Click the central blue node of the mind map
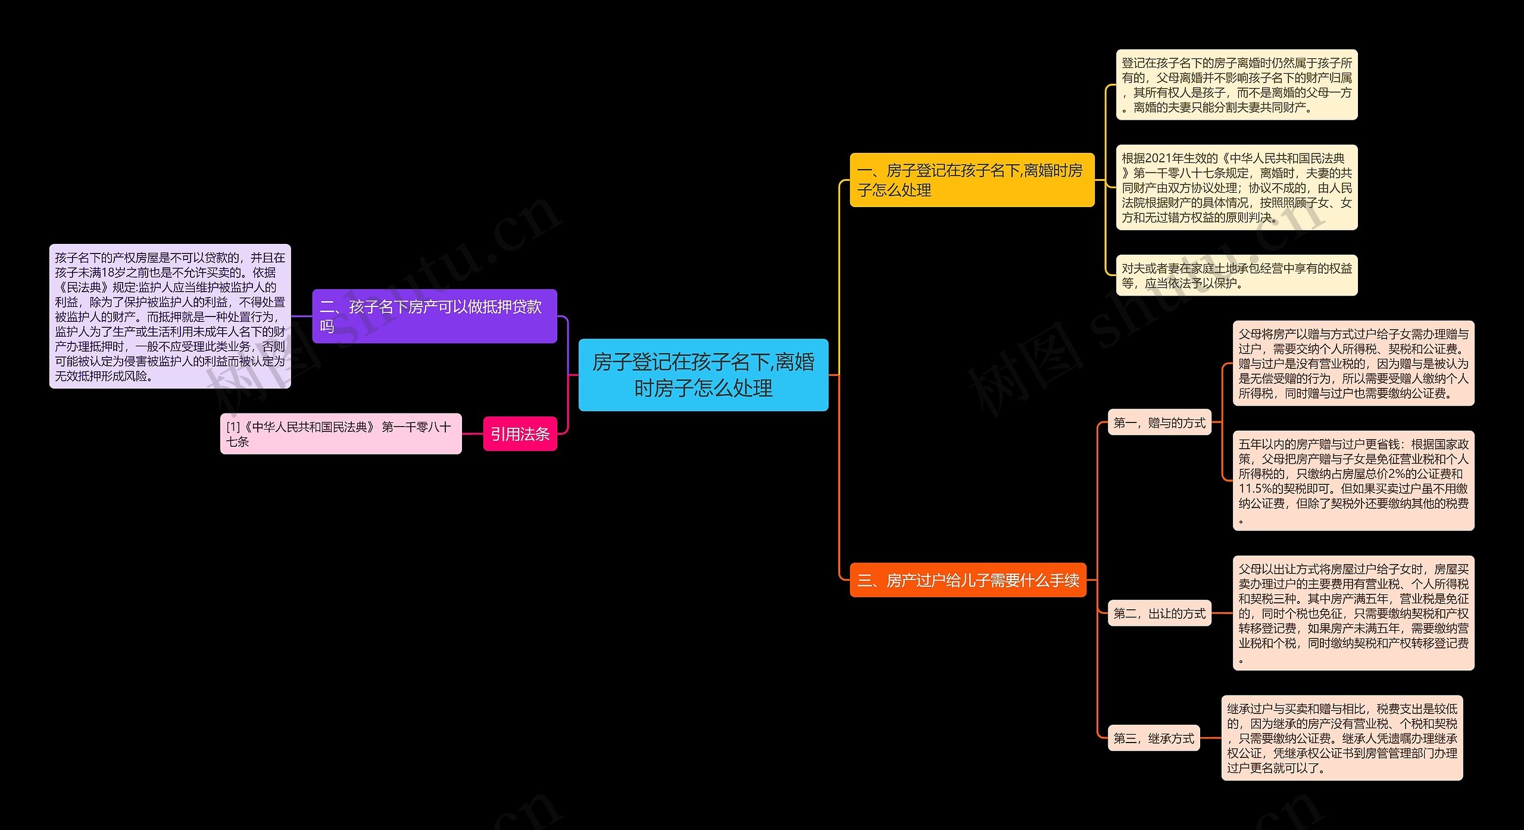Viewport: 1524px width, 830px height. (x=703, y=375)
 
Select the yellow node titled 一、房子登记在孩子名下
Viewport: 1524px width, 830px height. (x=972, y=180)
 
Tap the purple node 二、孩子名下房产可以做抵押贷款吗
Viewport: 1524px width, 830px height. (x=435, y=316)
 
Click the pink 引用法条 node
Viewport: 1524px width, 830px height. (x=520, y=434)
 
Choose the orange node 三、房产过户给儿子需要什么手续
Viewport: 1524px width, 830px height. (x=968, y=580)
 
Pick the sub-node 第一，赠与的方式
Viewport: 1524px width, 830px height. (x=1159, y=423)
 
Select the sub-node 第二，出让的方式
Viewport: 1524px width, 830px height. (x=1159, y=613)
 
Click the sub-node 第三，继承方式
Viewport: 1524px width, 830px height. (x=1153, y=738)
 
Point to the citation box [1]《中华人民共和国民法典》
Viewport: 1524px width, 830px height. (x=341, y=434)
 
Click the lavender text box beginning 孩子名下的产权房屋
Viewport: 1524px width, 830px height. (x=170, y=317)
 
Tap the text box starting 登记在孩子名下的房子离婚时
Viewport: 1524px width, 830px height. (x=1236, y=85)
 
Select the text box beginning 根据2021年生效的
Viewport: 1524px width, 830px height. (x=1236, y=187)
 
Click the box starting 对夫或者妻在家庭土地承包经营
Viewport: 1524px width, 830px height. (x=1236, y=275)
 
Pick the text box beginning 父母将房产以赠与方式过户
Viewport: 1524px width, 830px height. (x=1353, y=364)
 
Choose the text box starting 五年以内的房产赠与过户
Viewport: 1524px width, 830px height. (x=1353, y=481)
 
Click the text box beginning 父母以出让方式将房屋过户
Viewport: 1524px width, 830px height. (x=1353, y=613)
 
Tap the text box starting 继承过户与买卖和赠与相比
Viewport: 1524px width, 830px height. (x=1342, y=738)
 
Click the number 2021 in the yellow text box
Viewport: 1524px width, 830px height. (x=1158, y=158)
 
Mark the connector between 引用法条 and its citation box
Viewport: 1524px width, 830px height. (x=472, y=434)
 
